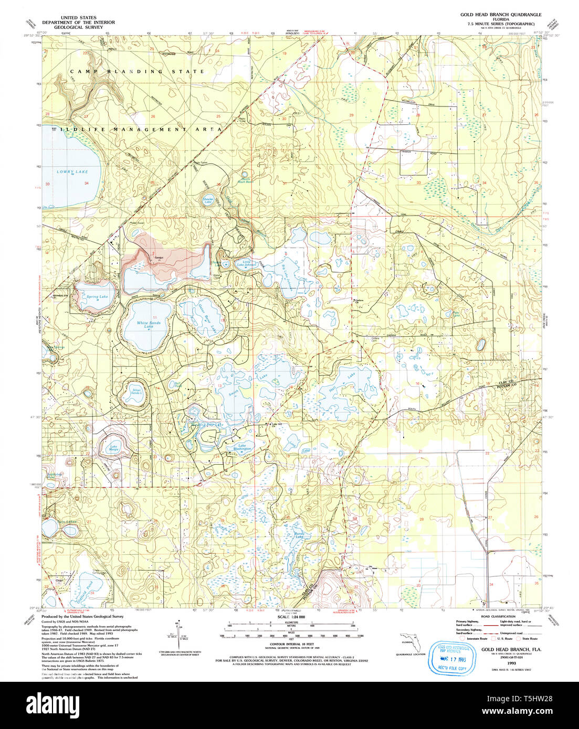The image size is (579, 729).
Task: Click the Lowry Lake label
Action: coord(72,171)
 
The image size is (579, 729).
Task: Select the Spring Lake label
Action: coord(97,297)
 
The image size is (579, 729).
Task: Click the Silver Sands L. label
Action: coord(136,392)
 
